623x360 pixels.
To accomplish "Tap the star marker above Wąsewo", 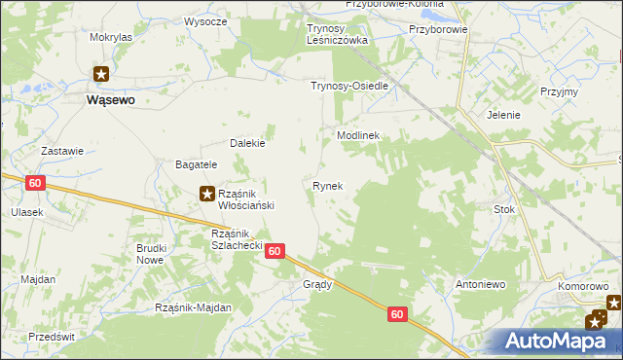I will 102,73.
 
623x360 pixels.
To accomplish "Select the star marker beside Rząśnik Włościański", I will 207,194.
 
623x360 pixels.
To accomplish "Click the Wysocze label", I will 205,21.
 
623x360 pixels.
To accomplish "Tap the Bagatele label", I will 196,164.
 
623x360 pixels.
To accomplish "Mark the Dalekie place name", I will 247,143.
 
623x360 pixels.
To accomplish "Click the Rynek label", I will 327,185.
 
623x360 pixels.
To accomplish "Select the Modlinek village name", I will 357,136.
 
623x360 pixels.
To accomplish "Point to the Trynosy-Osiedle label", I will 349,86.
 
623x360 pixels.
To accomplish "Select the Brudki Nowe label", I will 151,254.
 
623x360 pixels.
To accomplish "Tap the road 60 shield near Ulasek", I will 35,183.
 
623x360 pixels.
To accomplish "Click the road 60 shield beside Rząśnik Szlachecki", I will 275,251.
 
